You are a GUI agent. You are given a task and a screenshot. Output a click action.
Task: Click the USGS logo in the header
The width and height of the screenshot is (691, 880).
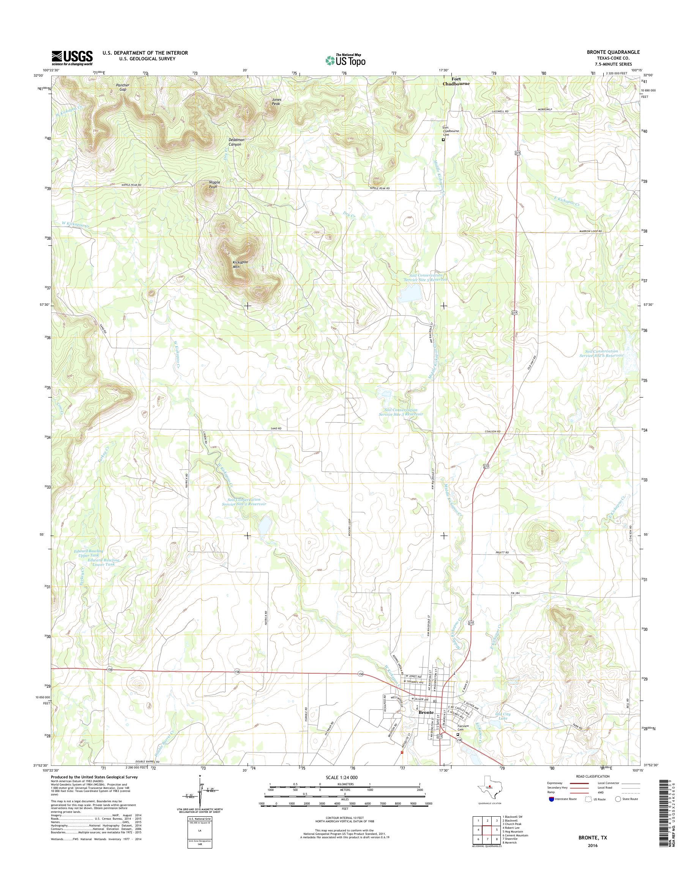click(72, 58)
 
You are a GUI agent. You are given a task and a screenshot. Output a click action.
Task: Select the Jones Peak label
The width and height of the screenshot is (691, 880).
click(276, 101)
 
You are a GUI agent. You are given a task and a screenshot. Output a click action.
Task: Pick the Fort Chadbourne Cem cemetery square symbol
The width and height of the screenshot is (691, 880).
click(443, 140)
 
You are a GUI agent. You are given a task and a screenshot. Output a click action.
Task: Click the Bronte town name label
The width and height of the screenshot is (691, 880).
click(426, 712)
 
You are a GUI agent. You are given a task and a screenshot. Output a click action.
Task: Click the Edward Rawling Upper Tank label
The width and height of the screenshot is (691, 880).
click(88, 553)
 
